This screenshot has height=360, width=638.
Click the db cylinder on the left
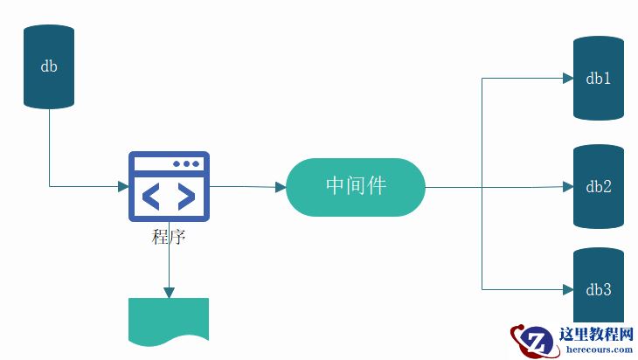49,66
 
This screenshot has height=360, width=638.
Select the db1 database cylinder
599,79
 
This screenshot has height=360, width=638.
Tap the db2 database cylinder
599,186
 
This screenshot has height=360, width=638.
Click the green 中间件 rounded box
356,186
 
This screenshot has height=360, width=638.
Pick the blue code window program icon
169,186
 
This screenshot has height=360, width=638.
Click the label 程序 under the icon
169,237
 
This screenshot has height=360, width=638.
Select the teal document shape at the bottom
169,319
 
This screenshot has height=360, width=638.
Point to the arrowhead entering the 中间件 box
280,187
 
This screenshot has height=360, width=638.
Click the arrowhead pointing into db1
566,79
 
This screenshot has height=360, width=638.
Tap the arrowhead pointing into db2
566,186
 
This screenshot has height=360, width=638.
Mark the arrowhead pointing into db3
566,289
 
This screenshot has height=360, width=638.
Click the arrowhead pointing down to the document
169,292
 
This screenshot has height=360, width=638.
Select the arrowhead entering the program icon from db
122,186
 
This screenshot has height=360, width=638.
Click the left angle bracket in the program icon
151,197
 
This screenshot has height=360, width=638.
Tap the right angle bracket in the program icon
186,197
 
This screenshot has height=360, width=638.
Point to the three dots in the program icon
186,163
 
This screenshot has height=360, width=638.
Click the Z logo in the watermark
533,341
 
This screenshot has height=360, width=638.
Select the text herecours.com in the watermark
599,350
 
